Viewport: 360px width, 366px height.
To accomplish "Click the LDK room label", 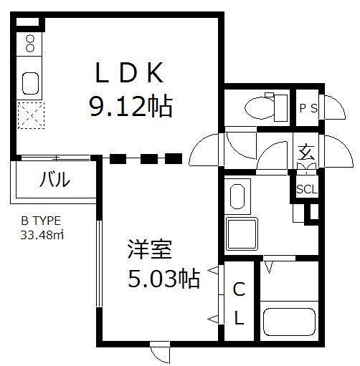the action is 129,72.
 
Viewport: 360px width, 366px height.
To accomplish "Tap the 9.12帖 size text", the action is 131,106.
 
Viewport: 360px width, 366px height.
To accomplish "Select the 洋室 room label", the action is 150,249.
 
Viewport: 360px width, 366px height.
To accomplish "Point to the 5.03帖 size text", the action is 164,279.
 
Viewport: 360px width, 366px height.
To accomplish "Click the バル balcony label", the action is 55,179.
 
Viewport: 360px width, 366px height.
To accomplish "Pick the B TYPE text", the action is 41,221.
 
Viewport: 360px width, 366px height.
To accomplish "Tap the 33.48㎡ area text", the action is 42,235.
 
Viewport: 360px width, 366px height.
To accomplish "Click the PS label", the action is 308,109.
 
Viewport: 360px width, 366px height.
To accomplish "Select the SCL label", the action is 307,189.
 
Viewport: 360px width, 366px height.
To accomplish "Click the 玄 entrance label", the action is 306,152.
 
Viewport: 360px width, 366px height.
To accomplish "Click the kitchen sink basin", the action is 30,83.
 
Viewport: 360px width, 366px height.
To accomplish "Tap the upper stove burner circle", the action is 30,38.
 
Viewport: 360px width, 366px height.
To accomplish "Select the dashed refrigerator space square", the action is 31,115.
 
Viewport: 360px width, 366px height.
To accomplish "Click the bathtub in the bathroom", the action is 289,322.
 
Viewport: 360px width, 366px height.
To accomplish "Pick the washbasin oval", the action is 237,196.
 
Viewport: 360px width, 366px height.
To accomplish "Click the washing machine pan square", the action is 241,233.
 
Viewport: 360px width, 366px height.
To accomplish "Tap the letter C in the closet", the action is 239,289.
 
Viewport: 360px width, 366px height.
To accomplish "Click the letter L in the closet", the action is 240,317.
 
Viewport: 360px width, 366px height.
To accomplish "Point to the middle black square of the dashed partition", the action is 149,159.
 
